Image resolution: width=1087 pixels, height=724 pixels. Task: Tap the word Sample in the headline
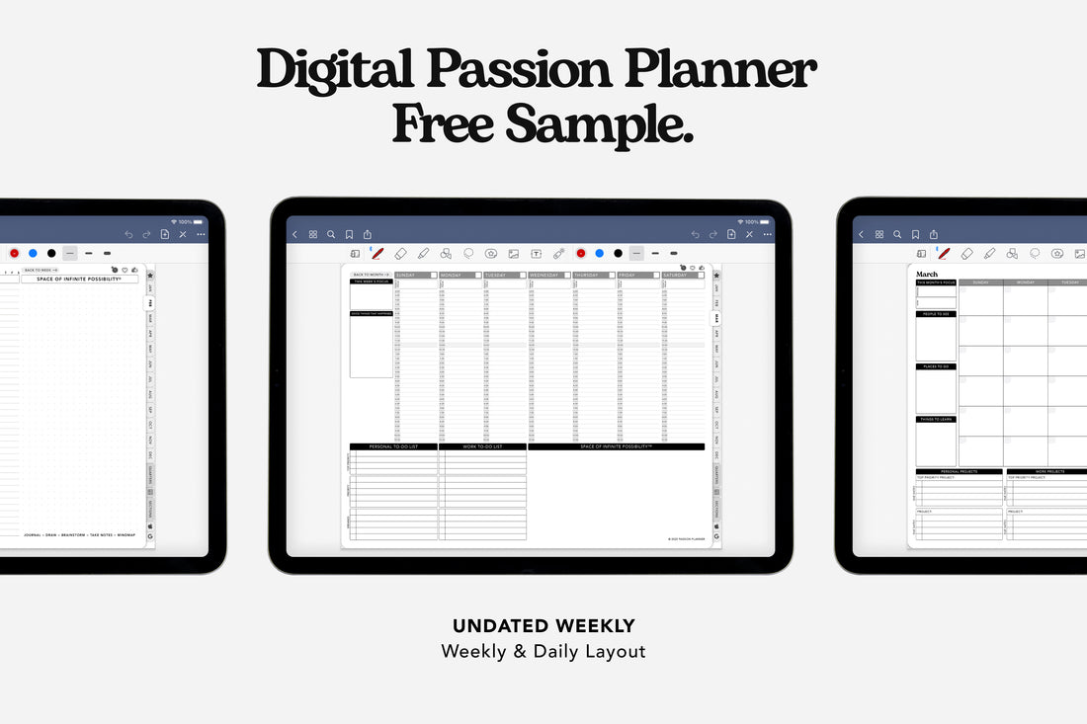(599, 124)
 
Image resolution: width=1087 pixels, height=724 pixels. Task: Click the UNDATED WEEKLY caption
(543, 625)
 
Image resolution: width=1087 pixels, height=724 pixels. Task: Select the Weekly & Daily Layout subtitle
(543, 651)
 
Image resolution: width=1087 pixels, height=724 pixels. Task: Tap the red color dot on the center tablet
(580, 254)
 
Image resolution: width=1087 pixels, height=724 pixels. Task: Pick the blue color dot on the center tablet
(599, 254)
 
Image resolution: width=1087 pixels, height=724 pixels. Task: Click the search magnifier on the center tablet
(331, 235)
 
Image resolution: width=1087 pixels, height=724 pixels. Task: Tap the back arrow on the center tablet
(294, 235)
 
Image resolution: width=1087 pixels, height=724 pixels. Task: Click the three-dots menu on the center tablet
(767, 235)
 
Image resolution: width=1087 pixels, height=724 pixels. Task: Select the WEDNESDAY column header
(544, 276)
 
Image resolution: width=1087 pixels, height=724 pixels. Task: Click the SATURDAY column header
(677, 276)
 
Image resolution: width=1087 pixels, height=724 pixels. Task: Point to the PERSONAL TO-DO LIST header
(393, 446)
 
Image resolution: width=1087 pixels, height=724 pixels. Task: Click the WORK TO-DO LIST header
(483, 446)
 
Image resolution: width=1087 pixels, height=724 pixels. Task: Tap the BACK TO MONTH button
(371, 275)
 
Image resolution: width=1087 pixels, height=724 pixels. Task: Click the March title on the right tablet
(927, 275)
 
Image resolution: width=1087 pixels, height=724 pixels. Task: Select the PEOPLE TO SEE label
(936, 314)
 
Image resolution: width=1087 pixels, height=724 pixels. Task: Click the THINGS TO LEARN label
(936, 420)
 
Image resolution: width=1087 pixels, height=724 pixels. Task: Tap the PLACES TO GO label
(936, 366)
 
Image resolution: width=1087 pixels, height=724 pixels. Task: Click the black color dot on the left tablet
(51, 254)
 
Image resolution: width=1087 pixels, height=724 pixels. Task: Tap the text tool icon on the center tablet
(536, 254)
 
